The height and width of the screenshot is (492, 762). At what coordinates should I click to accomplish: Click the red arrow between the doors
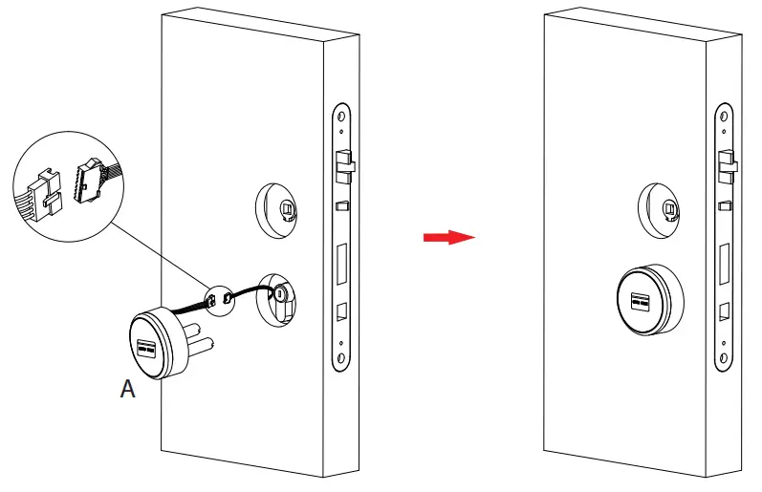[x=448, y=238]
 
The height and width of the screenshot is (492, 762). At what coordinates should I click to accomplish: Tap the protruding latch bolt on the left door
[x=344, y=170]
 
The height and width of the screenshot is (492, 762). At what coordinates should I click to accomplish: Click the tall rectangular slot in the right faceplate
[x=725, y=263]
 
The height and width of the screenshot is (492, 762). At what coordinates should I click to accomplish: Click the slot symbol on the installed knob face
[x=638, y=302]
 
